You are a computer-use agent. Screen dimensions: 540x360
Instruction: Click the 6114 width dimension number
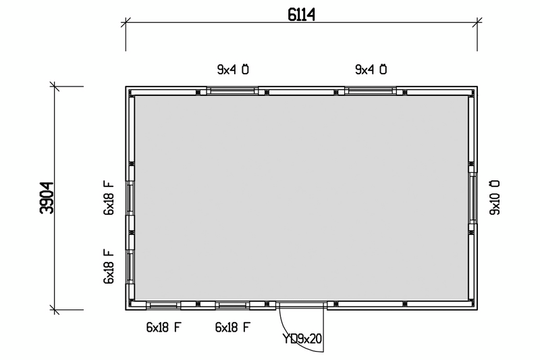click(x=301, y=15)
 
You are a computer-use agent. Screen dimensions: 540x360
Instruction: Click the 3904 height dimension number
click(x=47, y=198)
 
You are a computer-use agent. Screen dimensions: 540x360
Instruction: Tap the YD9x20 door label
click(x=302, y=338)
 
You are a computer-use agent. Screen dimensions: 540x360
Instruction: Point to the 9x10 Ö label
click(x=495, y=197)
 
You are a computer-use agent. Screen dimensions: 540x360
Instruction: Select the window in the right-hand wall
click(x=473, y=198)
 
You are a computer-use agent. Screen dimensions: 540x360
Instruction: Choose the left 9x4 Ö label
click(x=233, y=70)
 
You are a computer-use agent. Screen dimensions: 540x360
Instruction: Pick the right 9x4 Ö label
click(x=371, y=70)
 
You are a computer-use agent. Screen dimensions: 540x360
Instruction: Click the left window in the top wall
click(x=232, y=91)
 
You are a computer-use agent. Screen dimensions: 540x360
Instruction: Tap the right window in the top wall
click(x=371, y=91)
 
